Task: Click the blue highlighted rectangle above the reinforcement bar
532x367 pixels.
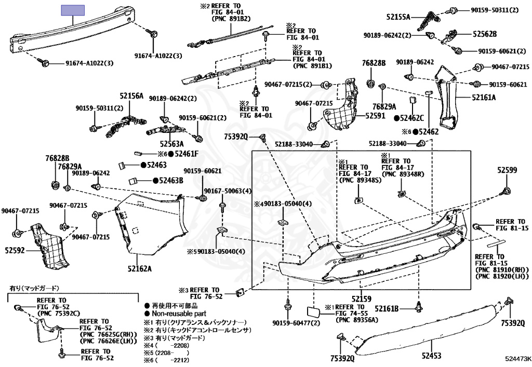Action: pyautogui.click(x=73, y=10)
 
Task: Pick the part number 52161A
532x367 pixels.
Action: pyautogui.click(x=484, y=97)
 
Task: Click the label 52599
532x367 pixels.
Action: pyautogui.click(x=507, y=170)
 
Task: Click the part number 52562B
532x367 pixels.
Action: pyautogui.click(x=484, y=34)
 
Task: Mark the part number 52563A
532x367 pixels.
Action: pyautogui.click(x=172, y=144)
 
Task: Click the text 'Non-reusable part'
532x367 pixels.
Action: pyautogui.click(x=179, y=314)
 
